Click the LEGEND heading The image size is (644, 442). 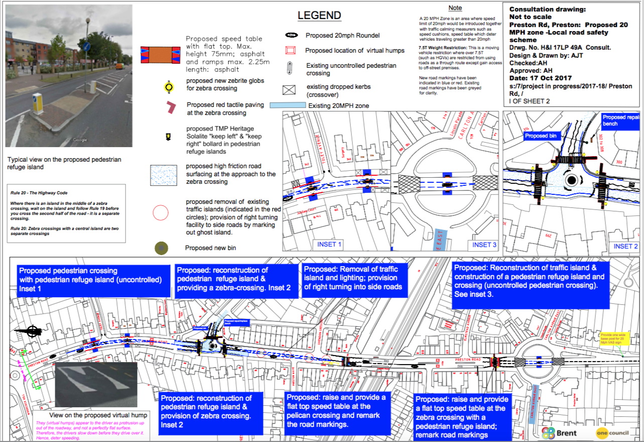coord(319,16)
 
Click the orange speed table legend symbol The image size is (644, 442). coord(161,54)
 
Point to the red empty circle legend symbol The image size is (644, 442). coord(161,213)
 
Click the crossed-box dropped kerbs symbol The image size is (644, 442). coord(289,90)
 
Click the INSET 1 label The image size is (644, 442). coord(329,245)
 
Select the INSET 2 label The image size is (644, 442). coord(625,246)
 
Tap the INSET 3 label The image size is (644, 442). coord(484,245)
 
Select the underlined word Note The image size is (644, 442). coord(455,8)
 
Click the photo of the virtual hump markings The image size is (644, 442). coord(95,384)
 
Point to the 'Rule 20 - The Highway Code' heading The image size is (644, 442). coord(39,193)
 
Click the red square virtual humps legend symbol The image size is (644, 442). coord(291,50)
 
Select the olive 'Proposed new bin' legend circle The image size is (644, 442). coord(162,248)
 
